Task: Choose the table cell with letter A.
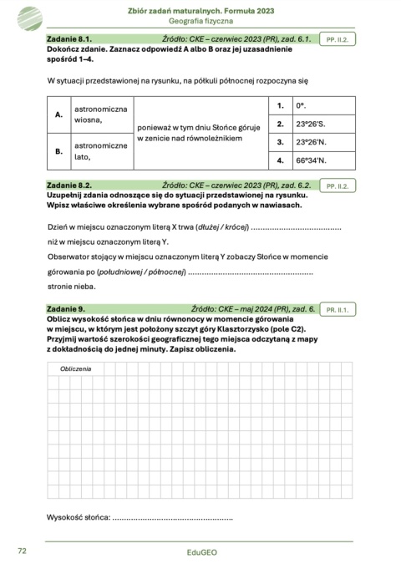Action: (x=58, y=114)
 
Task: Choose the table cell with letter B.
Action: (x=58, y=151)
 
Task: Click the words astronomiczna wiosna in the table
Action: (x=100, y=114)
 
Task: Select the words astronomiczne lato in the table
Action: (x=100, y=151)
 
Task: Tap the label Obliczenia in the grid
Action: (x=75, y=368)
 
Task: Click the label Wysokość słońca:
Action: (x=79, y=518)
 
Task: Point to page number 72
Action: (x=23, y=551)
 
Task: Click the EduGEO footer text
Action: (x=200, y=553)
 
